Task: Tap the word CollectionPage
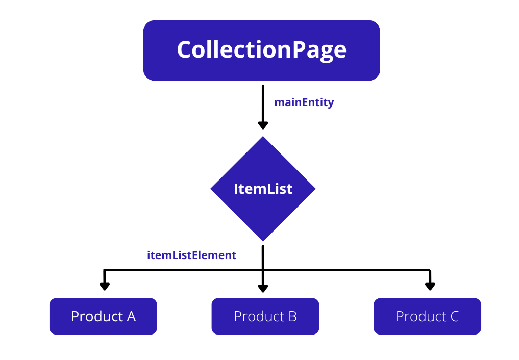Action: tap(261, 50)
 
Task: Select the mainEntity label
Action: tap(304, 102)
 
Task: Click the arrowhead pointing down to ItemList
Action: tap(263, 125)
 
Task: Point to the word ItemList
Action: tap(263, 189)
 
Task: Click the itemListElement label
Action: tap(192, 255)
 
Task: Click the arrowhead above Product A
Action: tap(105, 286)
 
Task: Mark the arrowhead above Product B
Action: tap(263, 288)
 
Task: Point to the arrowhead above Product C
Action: tap(430, 286)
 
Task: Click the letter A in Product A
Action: tap(131, 317)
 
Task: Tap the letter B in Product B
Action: tap(292, 317)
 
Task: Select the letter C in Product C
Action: tap(454, 317)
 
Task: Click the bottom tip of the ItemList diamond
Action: tap(263, 240)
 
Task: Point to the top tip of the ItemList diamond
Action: tap(263, 138)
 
